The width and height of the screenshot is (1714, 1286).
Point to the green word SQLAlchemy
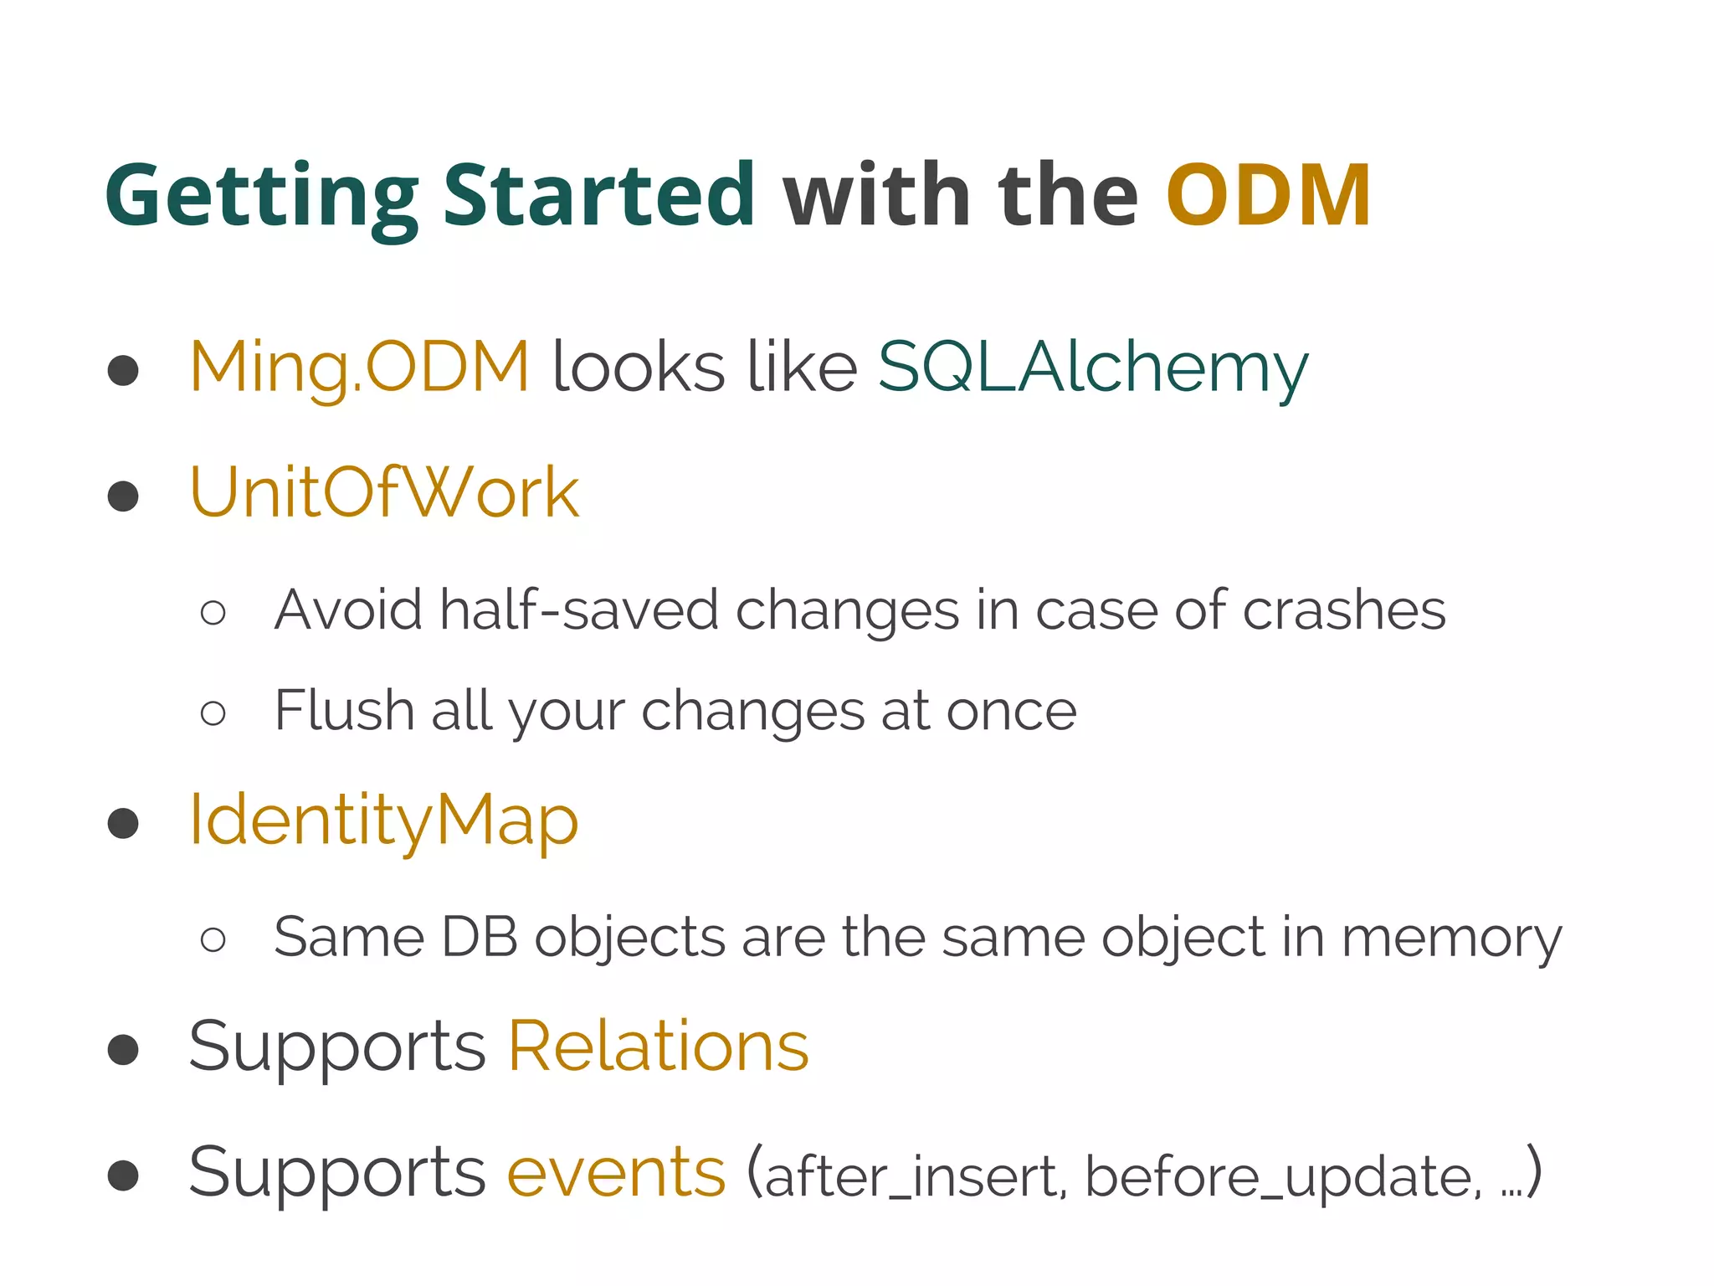[1092, 368]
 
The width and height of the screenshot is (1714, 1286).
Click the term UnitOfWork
[384, 493]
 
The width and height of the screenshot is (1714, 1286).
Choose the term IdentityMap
[383, 820]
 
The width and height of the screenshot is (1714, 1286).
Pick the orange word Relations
[658, 1047]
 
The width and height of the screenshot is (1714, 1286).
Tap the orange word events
[616, 1172]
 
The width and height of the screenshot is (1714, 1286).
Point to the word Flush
[344, 711]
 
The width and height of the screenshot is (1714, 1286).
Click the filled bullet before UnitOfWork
[123, 496]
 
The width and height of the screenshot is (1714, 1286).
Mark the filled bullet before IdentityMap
[123, 823]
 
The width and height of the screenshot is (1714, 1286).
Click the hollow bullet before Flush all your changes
[213, 713]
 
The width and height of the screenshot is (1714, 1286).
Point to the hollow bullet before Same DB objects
[213, 939]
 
